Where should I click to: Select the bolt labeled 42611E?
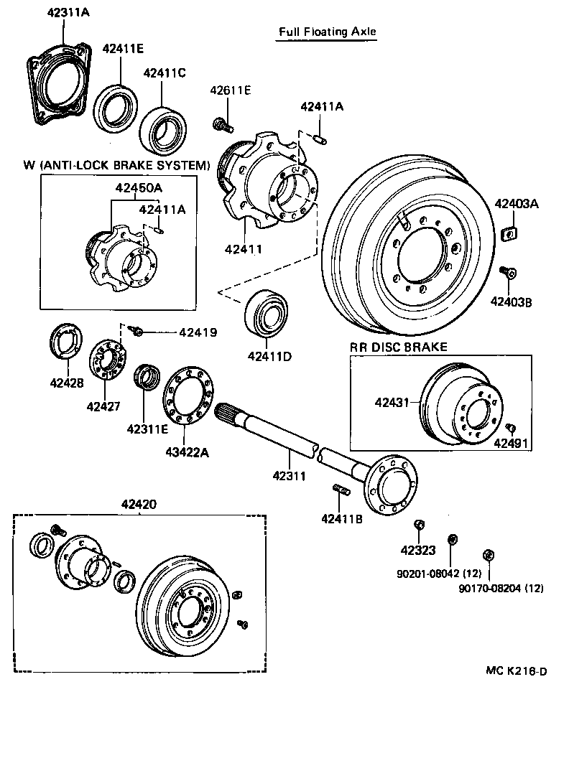pos(223,126)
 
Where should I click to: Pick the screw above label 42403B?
pos(509,273)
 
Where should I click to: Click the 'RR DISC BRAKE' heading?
pos(398,347)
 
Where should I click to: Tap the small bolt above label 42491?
pos(511,428)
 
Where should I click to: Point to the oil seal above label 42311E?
pos(148,376)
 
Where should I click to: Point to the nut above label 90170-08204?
pos(487,554)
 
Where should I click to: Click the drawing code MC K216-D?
pos(516,671)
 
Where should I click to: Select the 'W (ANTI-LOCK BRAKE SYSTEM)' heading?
pos(116,165)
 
